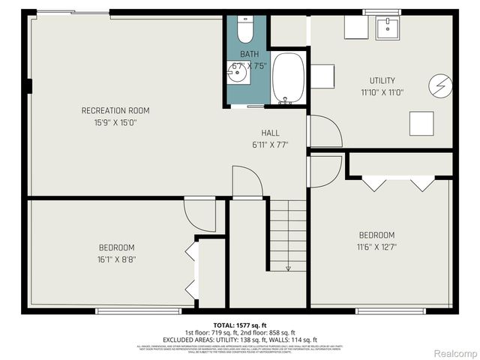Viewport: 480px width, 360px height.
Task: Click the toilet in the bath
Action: [245, 30]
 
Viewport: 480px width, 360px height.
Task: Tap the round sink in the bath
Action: [238, 73]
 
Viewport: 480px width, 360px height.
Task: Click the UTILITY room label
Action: [382, 80]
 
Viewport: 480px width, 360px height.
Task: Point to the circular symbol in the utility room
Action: [440, 87]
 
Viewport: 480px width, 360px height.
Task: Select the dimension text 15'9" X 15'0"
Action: [115, 122]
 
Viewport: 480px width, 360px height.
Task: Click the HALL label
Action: [271, 133]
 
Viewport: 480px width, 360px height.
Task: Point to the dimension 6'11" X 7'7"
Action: [271, 144]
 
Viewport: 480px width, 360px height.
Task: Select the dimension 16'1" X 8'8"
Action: [116, 259]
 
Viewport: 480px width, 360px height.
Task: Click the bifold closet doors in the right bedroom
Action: [398, 183]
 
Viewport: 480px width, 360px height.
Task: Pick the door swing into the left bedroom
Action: [199, 214]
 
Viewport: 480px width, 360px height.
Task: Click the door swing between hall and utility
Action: [324, 132]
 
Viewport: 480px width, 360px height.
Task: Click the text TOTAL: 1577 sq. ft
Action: [240, 324]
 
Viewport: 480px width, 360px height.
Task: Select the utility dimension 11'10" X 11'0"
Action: [382, 91]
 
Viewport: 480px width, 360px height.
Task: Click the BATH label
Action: [249, 54]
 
